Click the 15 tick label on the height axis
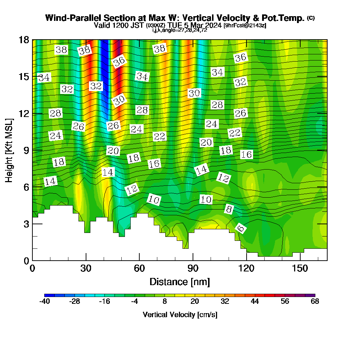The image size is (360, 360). pyautogui.click(x=24, y=77)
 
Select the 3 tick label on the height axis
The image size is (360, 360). pyautogui.click(x=26, y=224)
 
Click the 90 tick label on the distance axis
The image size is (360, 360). pyautogui.click(x=193, y=269)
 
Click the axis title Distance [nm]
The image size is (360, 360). pyautogui.click(x=180, y=282)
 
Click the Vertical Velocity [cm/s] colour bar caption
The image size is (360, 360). pyautogui.click(x=180, y=315)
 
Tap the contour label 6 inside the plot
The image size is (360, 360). pyautogui.click(x=241, y=228)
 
